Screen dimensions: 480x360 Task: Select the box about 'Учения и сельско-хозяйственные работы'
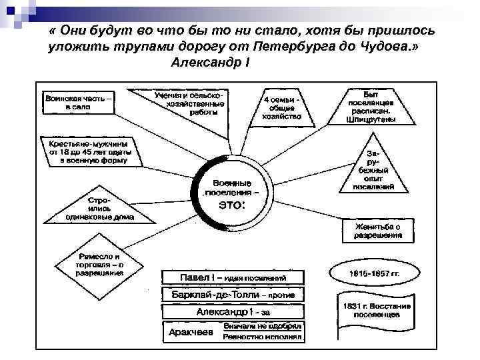click(190, 105)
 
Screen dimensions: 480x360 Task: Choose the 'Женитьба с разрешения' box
click(377, 231)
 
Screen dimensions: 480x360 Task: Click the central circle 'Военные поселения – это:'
click(232, 193)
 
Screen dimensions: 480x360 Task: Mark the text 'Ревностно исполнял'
click(262, 337)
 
